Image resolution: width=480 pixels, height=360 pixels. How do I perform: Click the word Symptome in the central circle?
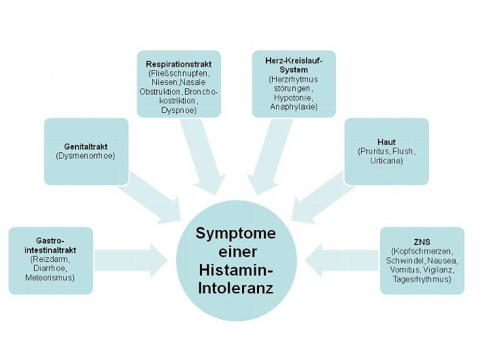[x=236, y=233]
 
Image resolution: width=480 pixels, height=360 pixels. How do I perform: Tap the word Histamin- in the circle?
[x=236, y=270]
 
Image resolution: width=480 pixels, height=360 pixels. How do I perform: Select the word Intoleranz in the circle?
[x=236, y=289]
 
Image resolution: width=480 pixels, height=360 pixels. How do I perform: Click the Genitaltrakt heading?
[x=86, y=146]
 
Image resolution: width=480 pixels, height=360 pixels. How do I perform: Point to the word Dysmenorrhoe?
[x=86, y=156]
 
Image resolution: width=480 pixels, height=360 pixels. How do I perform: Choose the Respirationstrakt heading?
[x=179, y=63]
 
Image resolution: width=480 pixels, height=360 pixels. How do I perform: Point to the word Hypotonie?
[x=294, y=97]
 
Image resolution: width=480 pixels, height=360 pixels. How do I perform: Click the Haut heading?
[x=385, y=142]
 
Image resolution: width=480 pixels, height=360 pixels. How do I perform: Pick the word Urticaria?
[x=385, y=161]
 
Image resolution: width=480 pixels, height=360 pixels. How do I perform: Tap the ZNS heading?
[x=422, y=242]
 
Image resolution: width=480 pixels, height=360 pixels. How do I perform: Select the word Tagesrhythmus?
[x=422, y=279]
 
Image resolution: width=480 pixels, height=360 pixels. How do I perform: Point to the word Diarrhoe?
[x=50, y=268]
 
